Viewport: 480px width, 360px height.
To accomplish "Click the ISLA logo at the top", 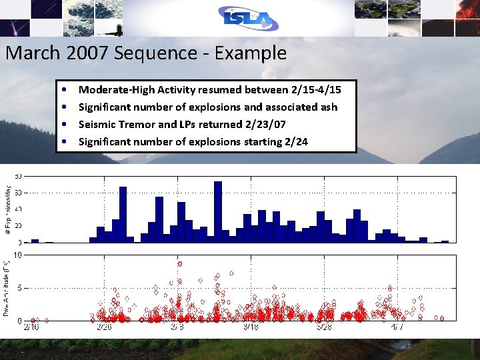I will pos(248,19).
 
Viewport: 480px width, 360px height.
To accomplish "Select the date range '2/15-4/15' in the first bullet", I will pos(316,89).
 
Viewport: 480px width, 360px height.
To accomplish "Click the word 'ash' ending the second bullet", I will pos(329,107).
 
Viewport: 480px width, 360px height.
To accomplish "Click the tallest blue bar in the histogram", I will pos(217,211).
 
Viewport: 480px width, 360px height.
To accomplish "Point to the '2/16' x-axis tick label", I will pos(31,327).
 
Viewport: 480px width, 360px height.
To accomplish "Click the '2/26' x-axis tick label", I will pos(103,327).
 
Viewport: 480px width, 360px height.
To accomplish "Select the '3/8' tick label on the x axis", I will pos(177,327).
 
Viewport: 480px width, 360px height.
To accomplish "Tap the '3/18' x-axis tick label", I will pos(251,327).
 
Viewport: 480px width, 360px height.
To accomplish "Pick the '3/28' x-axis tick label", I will pos(324,327).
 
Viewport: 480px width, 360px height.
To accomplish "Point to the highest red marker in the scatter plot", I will pos(179,264).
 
